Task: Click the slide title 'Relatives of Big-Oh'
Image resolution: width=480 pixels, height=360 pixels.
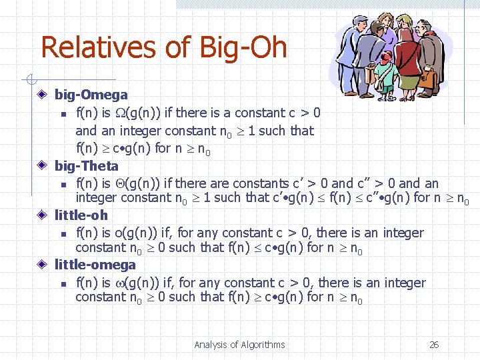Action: [x=163, y=47]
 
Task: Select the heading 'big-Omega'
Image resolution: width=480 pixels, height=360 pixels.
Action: [x=91, y=95]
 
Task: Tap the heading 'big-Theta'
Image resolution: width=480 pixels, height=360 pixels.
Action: [x=86, y=166]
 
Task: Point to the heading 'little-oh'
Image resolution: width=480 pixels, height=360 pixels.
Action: [x=81, y=215]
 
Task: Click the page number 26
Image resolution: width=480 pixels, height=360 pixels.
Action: [x=434, y=345]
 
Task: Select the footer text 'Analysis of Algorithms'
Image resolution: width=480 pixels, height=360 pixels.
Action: [x=239, y=345]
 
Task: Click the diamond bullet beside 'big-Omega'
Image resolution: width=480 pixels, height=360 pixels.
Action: [x=42, y=95]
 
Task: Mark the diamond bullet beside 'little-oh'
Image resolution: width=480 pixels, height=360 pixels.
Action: [x=42, y=215]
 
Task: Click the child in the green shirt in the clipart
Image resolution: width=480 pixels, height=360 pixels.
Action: [x=385, y=67]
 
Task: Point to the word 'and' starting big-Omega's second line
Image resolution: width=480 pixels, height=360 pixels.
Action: [x=85, y=131]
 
